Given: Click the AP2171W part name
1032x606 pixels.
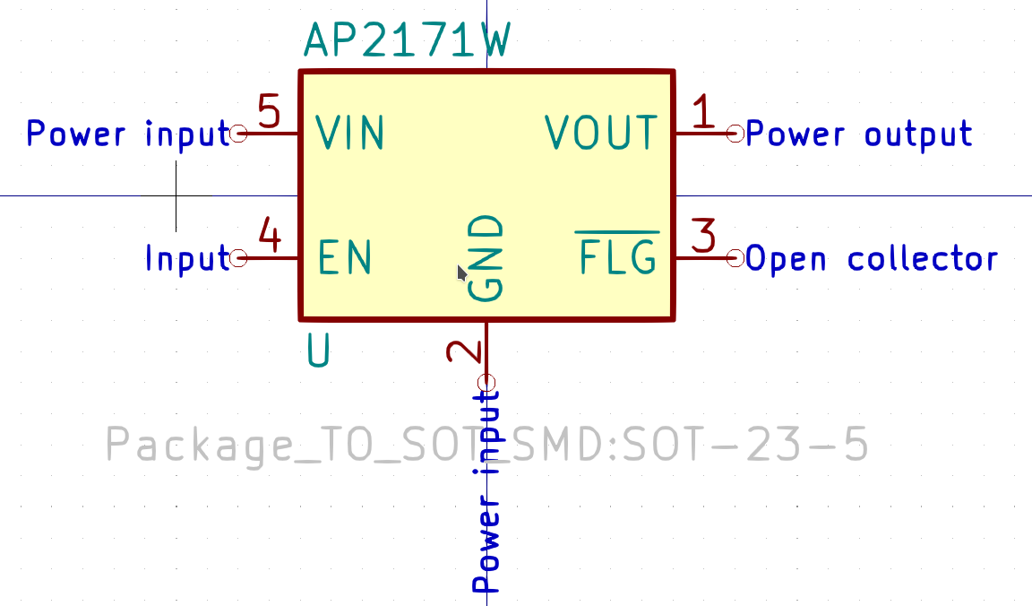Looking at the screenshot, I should tap(408, 40).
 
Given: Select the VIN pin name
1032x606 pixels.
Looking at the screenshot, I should tap(350, 134).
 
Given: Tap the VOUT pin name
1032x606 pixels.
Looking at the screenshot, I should tap(601, 134).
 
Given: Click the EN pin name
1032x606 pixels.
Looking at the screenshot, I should tap(345, 258).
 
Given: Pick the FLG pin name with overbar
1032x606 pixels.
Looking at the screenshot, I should tap(617, 258).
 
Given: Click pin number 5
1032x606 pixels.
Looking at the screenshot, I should tap(269, 113).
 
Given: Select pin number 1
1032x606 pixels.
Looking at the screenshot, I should tap(705, 113).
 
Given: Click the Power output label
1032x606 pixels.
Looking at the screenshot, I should tap(859, 134).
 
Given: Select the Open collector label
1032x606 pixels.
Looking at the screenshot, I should tap(872, 259).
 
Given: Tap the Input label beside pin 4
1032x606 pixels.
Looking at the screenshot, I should tap(187, 259).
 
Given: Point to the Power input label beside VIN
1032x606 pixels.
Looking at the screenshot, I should tap(128, 134).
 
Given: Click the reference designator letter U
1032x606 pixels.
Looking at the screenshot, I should tap(319, 351).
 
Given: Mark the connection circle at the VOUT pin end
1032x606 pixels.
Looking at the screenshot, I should tap(735, 134).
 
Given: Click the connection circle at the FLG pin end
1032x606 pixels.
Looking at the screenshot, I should tap(735, 258).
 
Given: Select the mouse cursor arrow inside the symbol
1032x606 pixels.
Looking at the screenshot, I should tap(462, 273).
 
